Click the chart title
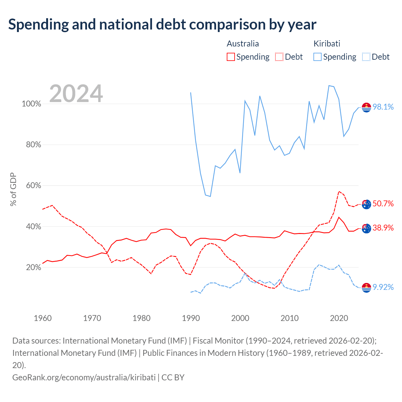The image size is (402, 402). tap(162, 24)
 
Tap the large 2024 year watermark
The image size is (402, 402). tap(76, 93)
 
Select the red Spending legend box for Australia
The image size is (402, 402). tap(231, 57)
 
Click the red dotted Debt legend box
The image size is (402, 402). tap(279, 57)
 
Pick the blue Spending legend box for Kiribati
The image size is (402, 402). tap(317, 57)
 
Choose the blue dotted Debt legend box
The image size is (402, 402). tap(366, 57)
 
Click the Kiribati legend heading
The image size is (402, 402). tap(327, 44)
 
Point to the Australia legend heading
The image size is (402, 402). tap(243, 44)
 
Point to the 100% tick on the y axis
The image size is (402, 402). tap(31, 104)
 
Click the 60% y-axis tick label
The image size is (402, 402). tap(33, 185)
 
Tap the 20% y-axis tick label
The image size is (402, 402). tap(33, 267)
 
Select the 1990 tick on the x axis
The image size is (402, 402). tap(191, 318)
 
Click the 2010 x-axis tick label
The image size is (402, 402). tap(289, 318)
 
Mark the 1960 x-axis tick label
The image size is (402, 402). tap(43, 318)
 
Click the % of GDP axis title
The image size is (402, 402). tap(13, 189)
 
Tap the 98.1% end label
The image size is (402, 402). tap(383, 107)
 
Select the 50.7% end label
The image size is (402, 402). tap(383, 204)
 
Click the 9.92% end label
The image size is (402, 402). tap(383, 287)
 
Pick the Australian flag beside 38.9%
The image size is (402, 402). tap(366, 228)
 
